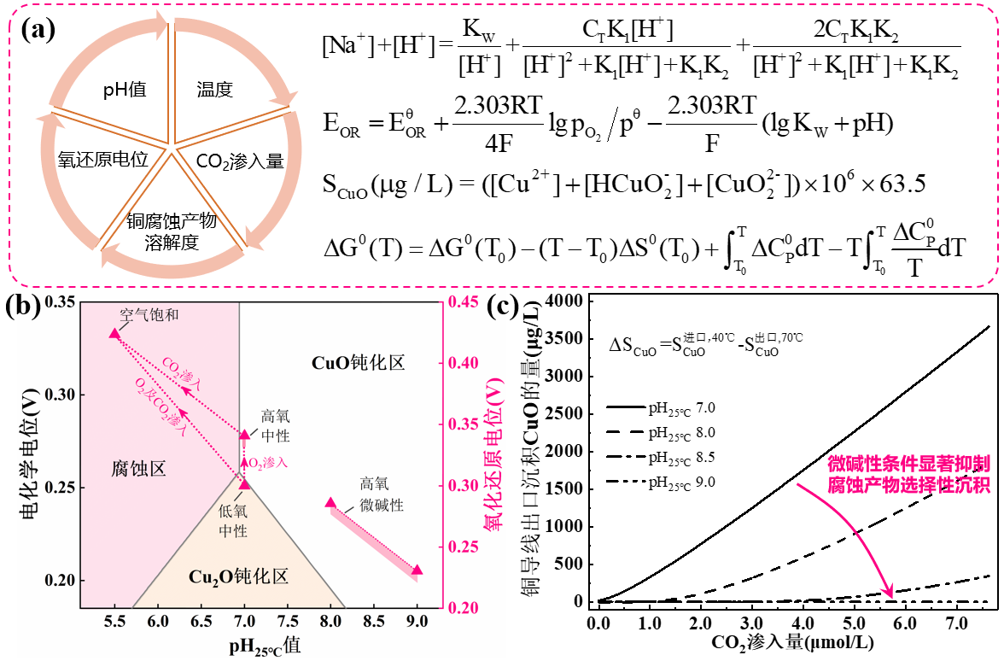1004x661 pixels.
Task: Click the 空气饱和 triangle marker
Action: point(114,334)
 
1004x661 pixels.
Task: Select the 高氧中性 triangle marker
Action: point(244,435)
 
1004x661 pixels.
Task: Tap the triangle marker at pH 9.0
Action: point(417,570)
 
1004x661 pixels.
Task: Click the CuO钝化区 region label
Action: point(358,363)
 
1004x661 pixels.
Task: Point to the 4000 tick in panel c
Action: point(566,301)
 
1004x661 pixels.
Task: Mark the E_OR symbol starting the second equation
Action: point(346,126)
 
